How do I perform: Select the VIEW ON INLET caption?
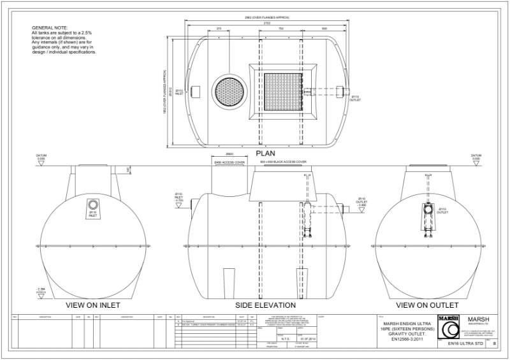pos(93,305)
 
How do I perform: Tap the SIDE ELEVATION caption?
pos(265,305)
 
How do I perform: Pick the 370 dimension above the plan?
pos(219,29)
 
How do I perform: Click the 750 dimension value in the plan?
pos(281,29)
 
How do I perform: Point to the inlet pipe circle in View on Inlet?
pos(94,205)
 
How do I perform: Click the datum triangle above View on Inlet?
pos(41,164)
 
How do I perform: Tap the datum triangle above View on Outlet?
pos(475,164)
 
